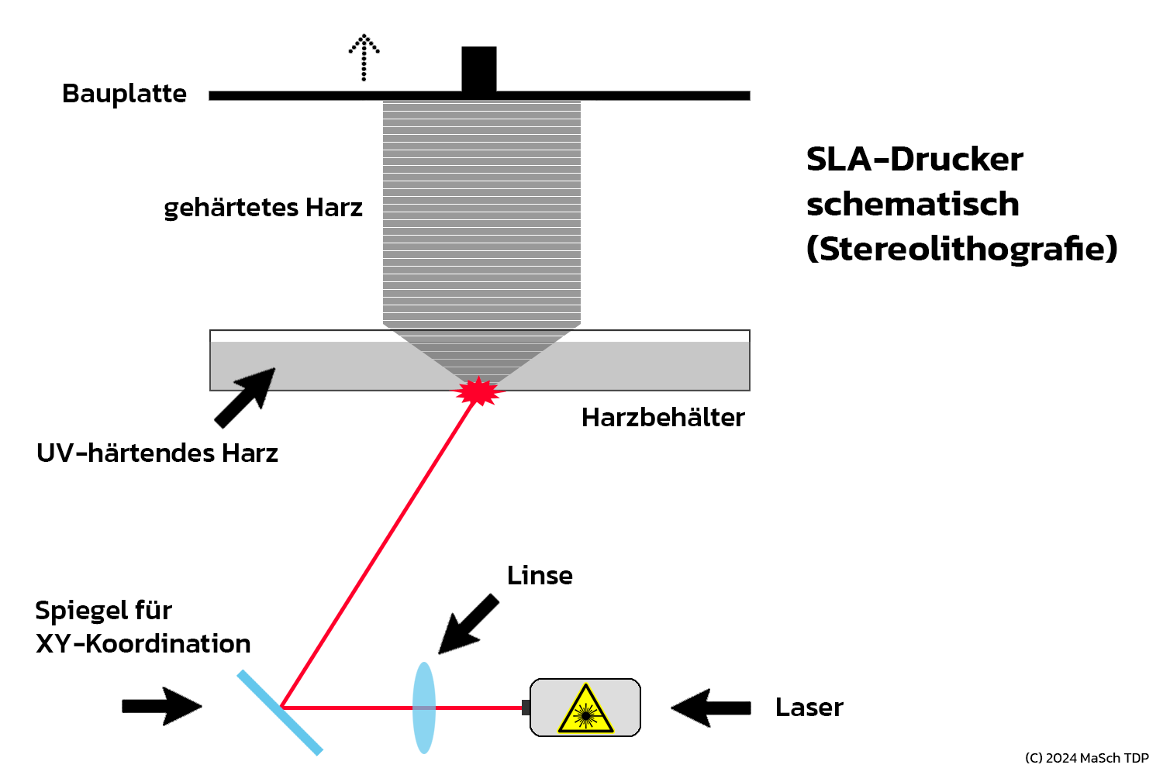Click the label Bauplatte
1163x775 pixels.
pos(124,94)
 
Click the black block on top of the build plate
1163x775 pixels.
pos(479,69)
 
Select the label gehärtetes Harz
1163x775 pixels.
pos(263,208)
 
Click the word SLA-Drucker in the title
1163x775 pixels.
pos(914,160)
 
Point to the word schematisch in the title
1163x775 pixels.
pos(913,205)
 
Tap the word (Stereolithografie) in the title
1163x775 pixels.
pos(961,249)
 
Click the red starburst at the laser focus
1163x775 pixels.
pos(479,391)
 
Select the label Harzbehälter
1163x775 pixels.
pos(663,418)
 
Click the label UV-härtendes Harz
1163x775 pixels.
pos(157,453)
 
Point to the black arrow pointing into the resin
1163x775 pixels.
pos(245,397)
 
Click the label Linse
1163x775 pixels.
pos(540,576)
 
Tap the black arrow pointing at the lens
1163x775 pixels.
pos(468,625)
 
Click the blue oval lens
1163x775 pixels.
pos(424,708)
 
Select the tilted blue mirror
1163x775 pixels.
pos(279,712)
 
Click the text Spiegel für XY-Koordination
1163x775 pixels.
pos(143,627)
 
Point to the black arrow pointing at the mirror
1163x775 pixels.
pos(162,706)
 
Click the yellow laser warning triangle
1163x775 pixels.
pos(585,710)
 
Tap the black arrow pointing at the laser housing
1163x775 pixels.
pos(711,708)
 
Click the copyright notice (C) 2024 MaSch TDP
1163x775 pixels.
pos(1086,758)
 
